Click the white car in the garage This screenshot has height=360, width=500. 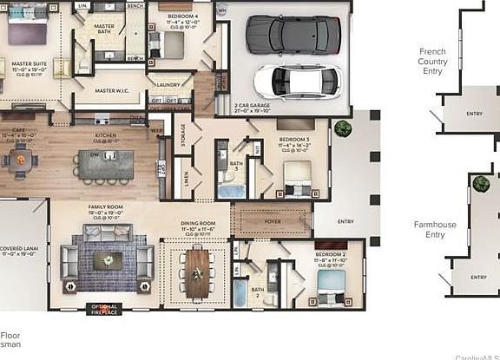coord(297,81)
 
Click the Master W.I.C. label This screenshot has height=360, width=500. coord(112,89)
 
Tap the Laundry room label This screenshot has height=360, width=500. coord(170,84)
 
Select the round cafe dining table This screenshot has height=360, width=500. coord(19,160)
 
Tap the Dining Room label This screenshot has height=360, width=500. coord(198,224)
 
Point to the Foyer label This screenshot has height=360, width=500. coord(271,219)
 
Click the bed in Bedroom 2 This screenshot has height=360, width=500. coord(330,285)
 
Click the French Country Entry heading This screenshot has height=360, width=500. coord(432,61)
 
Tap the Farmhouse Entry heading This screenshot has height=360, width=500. coord(429,229)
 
